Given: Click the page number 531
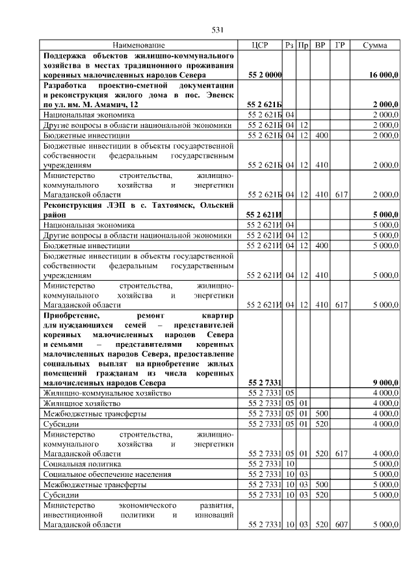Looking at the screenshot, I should pyautogui.click(x=218, y=29).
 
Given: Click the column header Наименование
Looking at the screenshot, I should pyautogui.click(x=138, y=45).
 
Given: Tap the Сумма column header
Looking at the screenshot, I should pyautogui.click(x=375, y=45).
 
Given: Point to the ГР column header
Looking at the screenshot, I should pyautogui.click(x=339, y=45).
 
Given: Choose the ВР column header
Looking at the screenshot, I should pyautogui.click(x=320, y=45).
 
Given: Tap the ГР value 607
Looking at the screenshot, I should pyautogui.click(x=339, y=523).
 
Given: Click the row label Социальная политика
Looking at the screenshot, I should pyautogui.click(x=81, y=465).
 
